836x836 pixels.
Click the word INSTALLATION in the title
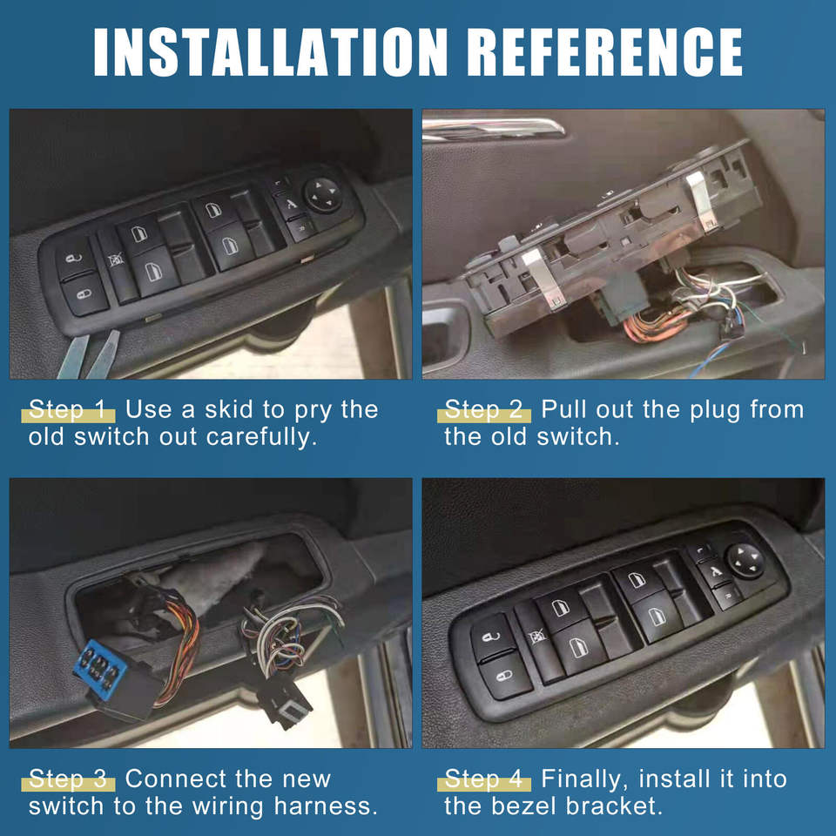pos(270,52)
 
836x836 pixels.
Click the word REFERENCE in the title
pos(604,52)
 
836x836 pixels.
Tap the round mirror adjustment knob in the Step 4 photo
pos(746,561)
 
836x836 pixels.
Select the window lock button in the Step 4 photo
pos(537,637)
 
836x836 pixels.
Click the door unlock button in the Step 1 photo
pos(75,259)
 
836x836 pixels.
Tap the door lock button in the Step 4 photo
pos(505,677)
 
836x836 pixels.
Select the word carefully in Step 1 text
pos(261,437)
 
